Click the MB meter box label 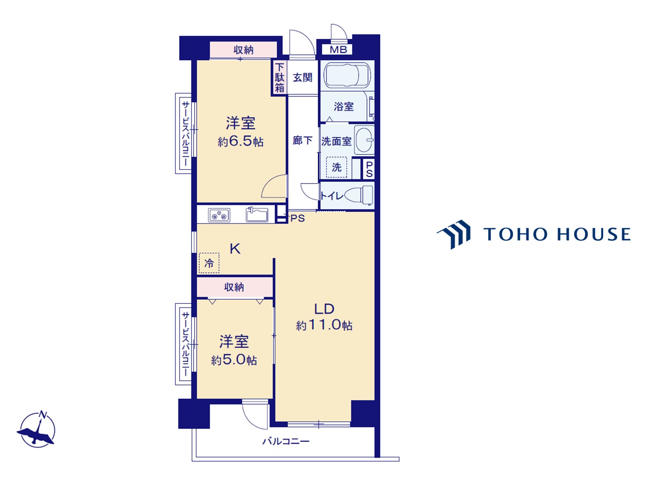[x=338, y=50]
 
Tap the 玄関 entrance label [x=302, y=78]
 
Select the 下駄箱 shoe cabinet [x=279, y=78]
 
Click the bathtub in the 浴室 [x=347, y=75]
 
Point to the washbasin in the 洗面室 [x=364, y=140]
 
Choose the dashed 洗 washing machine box [x=337, y=167]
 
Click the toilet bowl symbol [x=358, y=195]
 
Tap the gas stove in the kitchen [x=219, y=215]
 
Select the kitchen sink [x=257, y=215]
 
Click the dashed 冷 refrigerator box [x=209, y=263]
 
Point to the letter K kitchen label [x=235, y=249]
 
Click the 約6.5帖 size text [x=240, y=142]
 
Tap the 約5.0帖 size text [x=234, y=360]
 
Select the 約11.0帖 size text [x=324, y=325]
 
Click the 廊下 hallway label [x=302, y=140]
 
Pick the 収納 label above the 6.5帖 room [x=243, y=50]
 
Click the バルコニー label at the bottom [x=286, y=441]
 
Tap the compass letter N [x=43, y=415]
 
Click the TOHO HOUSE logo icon [x=454, y=234]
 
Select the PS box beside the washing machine [x=369, y=169]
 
